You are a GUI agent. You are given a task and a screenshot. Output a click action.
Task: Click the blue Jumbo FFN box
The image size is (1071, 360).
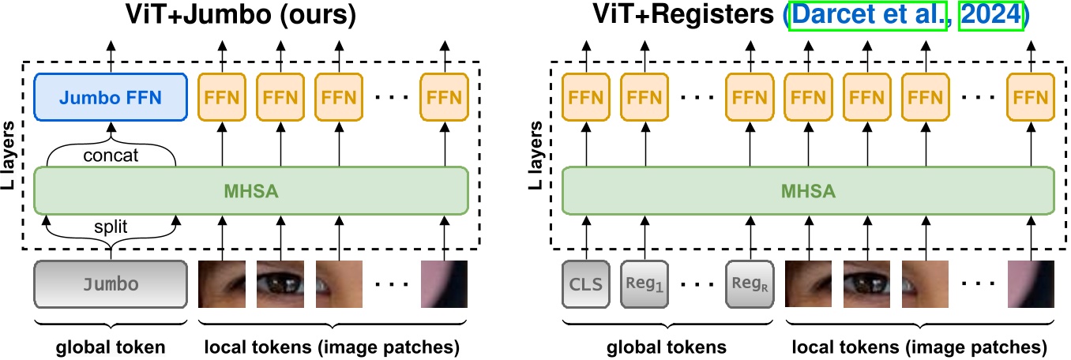[111, 98]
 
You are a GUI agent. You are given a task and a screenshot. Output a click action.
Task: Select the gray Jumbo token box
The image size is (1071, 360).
[111, 284]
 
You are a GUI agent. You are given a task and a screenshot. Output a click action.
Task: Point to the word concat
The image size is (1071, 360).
[111, 156]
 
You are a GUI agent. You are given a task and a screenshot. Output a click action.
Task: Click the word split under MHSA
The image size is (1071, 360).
[111, 227]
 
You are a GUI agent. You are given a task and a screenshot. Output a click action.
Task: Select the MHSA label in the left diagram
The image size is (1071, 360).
[252, 190]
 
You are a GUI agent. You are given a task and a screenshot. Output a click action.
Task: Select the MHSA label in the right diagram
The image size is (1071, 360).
[807, 190]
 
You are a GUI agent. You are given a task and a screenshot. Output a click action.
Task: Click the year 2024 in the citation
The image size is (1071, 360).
[990, 16]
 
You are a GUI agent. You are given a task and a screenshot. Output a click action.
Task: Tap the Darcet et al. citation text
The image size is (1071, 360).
[869, 16]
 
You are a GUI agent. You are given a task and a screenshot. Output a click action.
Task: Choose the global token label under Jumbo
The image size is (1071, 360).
[111, 347]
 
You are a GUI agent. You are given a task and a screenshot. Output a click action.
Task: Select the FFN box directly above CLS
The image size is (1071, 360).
[585, 98]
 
